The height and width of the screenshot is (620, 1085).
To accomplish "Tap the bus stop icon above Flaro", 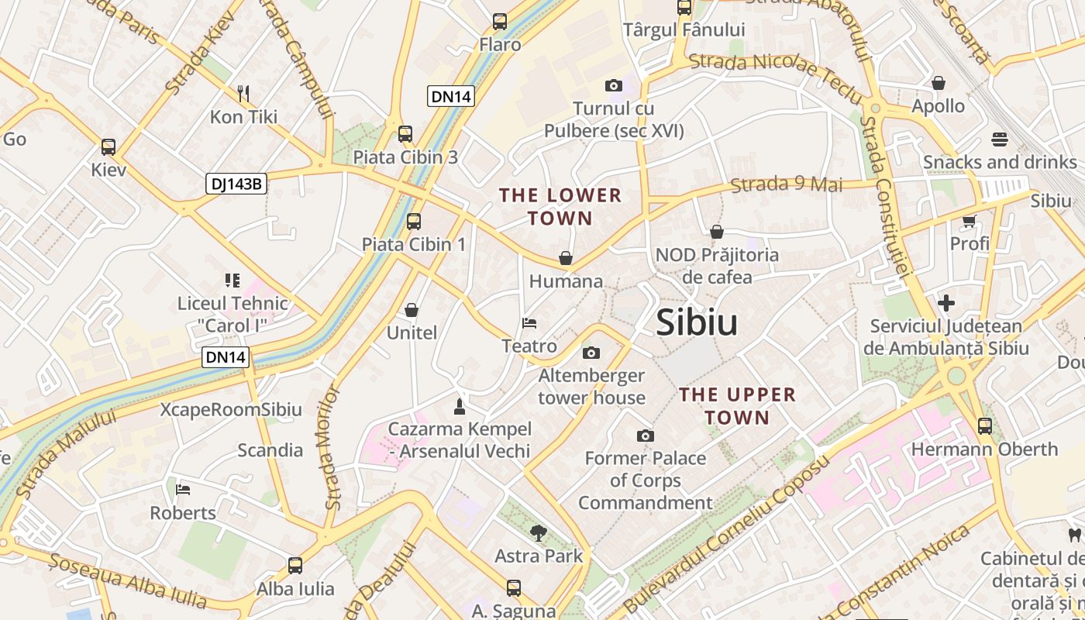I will tap(500, 22).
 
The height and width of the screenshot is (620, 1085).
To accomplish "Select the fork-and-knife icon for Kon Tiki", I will tap(243, 94).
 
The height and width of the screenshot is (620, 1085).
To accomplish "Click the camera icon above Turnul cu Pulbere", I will tap(614, 85).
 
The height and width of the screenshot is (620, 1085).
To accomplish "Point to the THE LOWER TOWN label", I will tap(560, 207).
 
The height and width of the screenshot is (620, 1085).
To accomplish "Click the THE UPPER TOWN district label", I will tap(737, 406).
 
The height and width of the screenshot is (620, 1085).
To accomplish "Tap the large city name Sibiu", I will tap(697, 322).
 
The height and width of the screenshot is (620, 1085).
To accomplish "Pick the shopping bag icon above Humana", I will tap(566, 258).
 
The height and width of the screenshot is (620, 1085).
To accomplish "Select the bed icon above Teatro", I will tap(529, 323).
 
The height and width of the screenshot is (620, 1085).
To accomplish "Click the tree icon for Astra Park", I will tap(538, 532).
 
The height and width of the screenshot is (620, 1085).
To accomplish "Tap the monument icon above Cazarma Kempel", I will tap(460, 406).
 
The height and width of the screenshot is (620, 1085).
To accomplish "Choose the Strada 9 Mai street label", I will tap(786, 184).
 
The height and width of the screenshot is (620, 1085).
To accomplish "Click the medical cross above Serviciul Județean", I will tap(945, 303).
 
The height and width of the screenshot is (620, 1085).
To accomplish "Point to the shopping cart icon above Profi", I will tap(969, 222).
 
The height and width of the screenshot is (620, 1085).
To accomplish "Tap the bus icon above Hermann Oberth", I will tap(984, 425).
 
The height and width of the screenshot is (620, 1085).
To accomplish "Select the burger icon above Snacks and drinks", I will tap(999, 139).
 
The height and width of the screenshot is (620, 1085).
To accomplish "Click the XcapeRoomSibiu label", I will tap(231, 410).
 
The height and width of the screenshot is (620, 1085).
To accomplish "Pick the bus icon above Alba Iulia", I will tap(295, 566).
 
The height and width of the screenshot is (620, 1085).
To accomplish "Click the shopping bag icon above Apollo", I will tap(939, 83).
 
